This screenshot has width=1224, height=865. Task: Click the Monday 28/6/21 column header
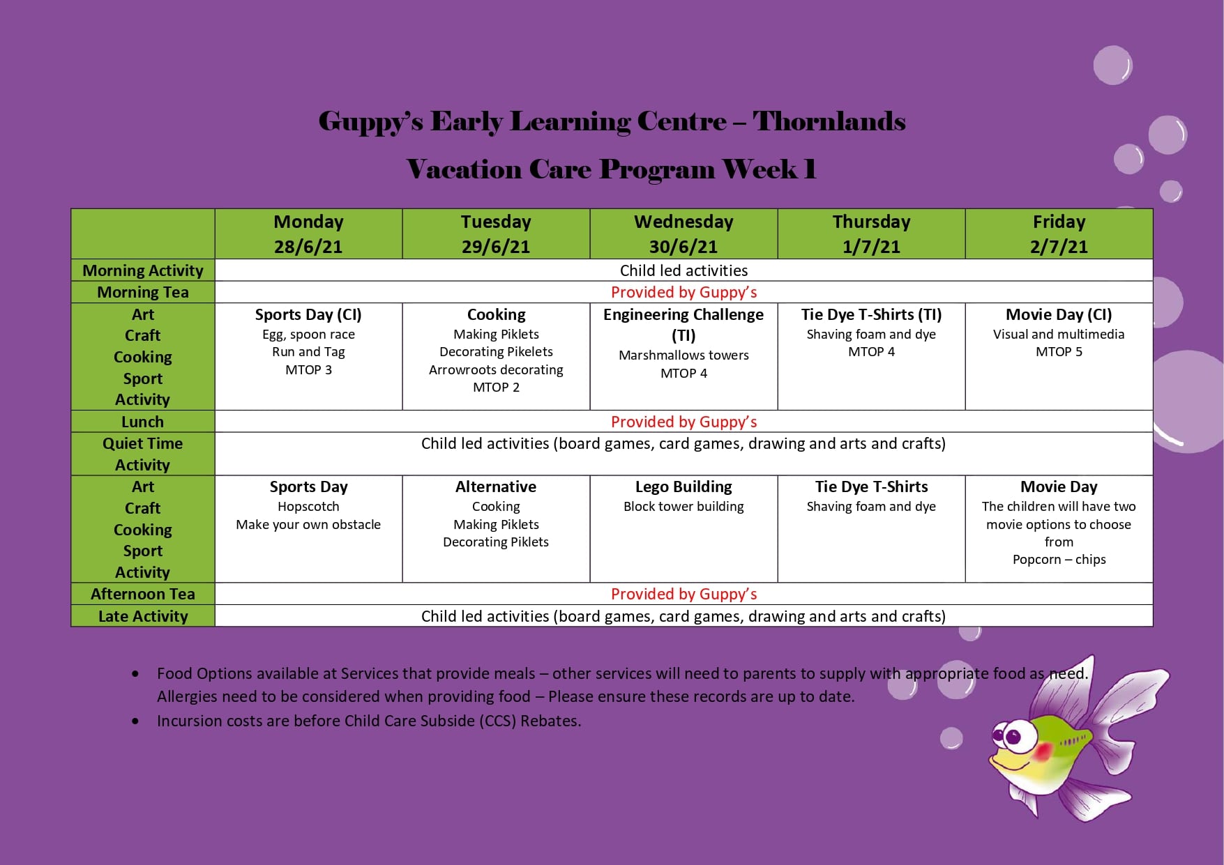pos(308,234)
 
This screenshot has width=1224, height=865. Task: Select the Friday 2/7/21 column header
pos(1059,234)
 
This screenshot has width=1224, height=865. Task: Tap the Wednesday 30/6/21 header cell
pos(683,234)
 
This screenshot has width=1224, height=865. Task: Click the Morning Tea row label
pos(143,292)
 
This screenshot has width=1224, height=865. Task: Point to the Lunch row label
pos(143,422)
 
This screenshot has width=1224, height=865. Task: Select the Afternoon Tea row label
pos(143,594)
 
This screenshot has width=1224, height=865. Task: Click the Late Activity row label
pos(143,616)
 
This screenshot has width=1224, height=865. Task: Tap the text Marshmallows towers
pos(683,355)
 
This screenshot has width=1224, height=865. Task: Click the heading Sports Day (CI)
pos(308,314)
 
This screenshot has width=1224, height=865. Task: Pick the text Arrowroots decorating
pos(496,370)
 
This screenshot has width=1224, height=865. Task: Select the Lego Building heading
pos(683,487)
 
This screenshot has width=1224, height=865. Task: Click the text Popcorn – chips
pos(1059,560)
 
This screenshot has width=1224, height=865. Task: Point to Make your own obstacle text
pos(308,525)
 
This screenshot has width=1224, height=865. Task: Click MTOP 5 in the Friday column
pos(1059,352)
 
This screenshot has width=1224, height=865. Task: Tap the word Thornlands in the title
pos(829,121)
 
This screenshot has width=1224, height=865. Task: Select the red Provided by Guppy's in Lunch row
pos(683,422)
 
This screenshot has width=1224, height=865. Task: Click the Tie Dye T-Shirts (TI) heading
pos(871,314)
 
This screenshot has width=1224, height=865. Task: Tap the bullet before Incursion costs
pos(135,721)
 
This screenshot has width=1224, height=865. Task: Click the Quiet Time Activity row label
pos(143,454)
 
